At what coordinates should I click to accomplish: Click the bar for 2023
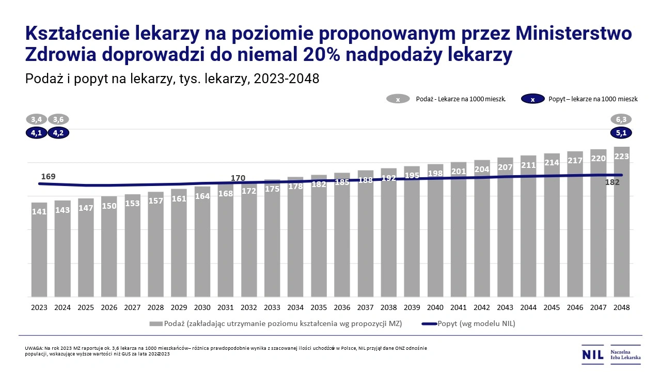click(x=39, y=251)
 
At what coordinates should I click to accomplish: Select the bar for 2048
click(x=622, y=222)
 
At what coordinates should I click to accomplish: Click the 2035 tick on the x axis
click(x=319, y=307)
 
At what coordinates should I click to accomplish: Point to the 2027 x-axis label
click(x=132, y=307)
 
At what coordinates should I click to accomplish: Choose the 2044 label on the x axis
click(x=528, y=307)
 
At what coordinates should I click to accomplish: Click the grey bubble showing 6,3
click(x=622, y=119)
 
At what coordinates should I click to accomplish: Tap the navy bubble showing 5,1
click(x=622, y=133)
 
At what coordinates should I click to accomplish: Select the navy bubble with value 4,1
click(x=36, y=133)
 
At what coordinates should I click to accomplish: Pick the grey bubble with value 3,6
click(x=59, y=119)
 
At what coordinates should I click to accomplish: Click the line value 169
click(x=48, y=177)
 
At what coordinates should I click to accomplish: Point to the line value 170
click(x=238, y=178)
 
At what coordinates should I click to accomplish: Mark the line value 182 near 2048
click(x=612, y=182)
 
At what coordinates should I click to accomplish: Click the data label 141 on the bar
click(x=39, y=211)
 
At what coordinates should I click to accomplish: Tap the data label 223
click(x=622, y=157)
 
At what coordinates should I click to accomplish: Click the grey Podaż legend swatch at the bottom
click(x=156, y=324)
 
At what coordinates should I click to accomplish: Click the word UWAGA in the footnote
click(x=34, y=348)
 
